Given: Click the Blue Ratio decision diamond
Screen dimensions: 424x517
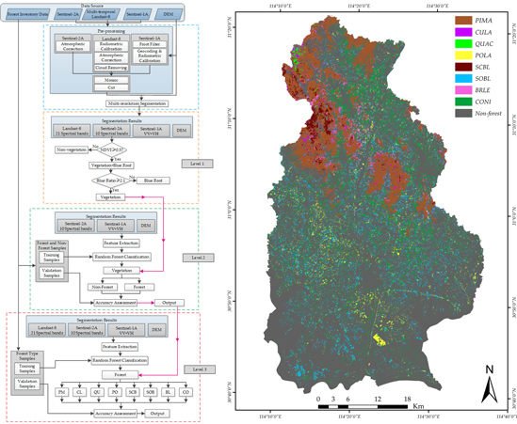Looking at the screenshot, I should tap(112, 178).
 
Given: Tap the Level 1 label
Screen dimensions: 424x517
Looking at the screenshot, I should tap(195, 164).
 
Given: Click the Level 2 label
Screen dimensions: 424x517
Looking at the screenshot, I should tap(195, 256).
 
